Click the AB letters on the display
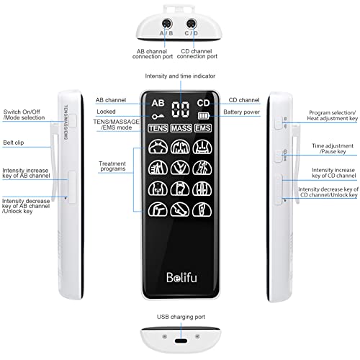pos(157,103)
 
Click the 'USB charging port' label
pos(180,316)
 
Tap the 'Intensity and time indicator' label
pos(180,75)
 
